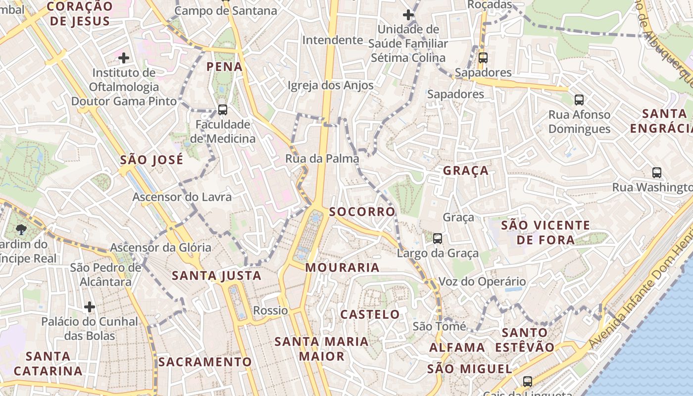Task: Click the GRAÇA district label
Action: [x=465, y=171]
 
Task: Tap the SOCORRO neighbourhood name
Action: [x=362, y=212]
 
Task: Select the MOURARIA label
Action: [x=342, y=268]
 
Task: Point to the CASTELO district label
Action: [x=370, y=314]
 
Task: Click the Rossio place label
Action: [x=270, y=311]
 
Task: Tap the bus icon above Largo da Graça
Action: [x=438, y=239]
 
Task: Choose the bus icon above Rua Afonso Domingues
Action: [x=579, y=100]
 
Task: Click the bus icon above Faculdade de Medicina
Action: [x=223, y=110]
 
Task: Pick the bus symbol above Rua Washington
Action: [x=657, y=173]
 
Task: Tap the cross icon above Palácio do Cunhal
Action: [x=90, y=307]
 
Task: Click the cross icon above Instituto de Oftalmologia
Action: [x=124, y=58]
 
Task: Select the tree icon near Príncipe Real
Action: [x=21, y=229]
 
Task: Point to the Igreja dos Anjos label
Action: [x=331, y=85]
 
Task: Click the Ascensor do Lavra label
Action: [x=182, y=197]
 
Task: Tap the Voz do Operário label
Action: [x=482, y=282]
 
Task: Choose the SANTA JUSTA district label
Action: [x=216, y=276]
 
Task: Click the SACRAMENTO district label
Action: [x=205, y=362]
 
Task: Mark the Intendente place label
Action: [x=333, y=40]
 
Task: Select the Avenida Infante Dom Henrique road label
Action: [x=639, y=302]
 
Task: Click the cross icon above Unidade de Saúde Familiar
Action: [x=408, y=15]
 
